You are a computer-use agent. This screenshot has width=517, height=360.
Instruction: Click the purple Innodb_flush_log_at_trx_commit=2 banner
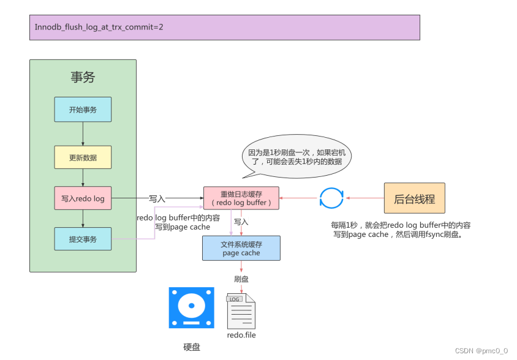[224, 28]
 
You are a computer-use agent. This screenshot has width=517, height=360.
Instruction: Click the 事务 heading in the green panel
[83, 77]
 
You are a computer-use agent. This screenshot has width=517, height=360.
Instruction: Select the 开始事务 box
[83, 110]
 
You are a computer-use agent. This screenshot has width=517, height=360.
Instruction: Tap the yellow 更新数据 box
[83, 157]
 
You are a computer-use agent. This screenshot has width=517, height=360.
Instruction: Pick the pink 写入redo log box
[83, 198]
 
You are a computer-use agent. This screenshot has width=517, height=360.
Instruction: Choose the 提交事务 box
[83, 239]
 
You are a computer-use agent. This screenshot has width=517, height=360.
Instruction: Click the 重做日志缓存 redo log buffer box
[241, 198]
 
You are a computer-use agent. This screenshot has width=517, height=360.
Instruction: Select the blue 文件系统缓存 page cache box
[241, 249]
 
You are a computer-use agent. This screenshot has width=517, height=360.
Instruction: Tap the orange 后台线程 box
[414, 198]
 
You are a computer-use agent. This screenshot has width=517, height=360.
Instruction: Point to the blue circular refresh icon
[331, 198]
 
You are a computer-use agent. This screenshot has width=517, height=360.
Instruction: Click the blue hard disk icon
[191, 308]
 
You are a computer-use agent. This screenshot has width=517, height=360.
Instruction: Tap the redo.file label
[241, 335]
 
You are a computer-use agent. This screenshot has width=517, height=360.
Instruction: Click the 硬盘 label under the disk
[191, 347]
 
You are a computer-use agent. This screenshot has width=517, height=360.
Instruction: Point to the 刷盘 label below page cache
[241, 279]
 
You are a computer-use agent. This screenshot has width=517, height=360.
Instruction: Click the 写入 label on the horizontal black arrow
[157, 199]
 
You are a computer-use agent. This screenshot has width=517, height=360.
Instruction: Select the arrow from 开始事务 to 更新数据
[83, 133]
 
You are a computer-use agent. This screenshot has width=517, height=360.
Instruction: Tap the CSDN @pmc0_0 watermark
[481, 351]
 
